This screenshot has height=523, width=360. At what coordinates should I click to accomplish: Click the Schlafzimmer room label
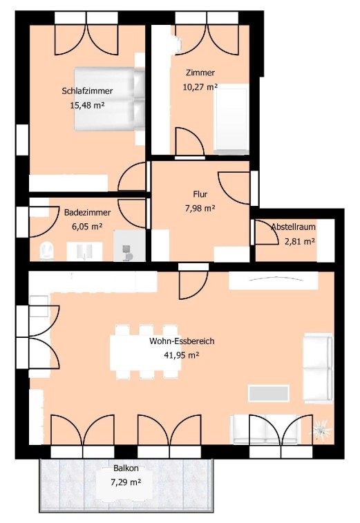pyautogui.click(x=87, y=91)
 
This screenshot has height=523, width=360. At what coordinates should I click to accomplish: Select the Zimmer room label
pyautogui.click(x=200, y=73)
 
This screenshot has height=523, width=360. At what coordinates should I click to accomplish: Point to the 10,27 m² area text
pyautogui.click(x=200, y=87)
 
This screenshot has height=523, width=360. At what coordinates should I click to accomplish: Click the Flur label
pyautogui.click(x=200, y=193)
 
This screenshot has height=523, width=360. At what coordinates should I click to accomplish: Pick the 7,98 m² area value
pyautogui.click(x=200, y=209)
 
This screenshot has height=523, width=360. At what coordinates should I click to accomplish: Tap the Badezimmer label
pyautogui.click(x=88, y=212)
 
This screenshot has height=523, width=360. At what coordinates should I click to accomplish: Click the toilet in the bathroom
pyautogui.click(x=46, y=251)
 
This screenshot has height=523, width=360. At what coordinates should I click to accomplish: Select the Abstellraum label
pyautogui.click(x=293, y=227)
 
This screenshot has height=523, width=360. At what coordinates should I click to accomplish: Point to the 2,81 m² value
pyautogui.click(x=300, y=241)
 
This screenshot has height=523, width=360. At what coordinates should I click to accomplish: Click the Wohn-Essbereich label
pyautogui.click(x=182, y=341)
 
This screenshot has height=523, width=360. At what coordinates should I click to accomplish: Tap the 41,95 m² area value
pyautogui.click(x=182, y=355)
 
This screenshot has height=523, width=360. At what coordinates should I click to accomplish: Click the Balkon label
pyautogui.click(x=126, y=468)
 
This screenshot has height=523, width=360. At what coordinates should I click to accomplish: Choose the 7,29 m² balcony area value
pyautogui.click(x=126, y=482)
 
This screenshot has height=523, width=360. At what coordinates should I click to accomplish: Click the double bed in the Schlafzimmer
pyautogui.click(x=109, y=99)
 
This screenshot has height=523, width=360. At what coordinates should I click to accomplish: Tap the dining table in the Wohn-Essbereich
pyautogui.click(x=146, y=353)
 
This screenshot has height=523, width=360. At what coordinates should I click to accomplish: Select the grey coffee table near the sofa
pyautogui.click(x=269, y=393)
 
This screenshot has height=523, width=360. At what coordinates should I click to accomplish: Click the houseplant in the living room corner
pyautogui.click(x=321, y=430)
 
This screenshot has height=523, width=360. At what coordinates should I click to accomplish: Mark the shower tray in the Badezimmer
pyautogui.click(x=129, y=245)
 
